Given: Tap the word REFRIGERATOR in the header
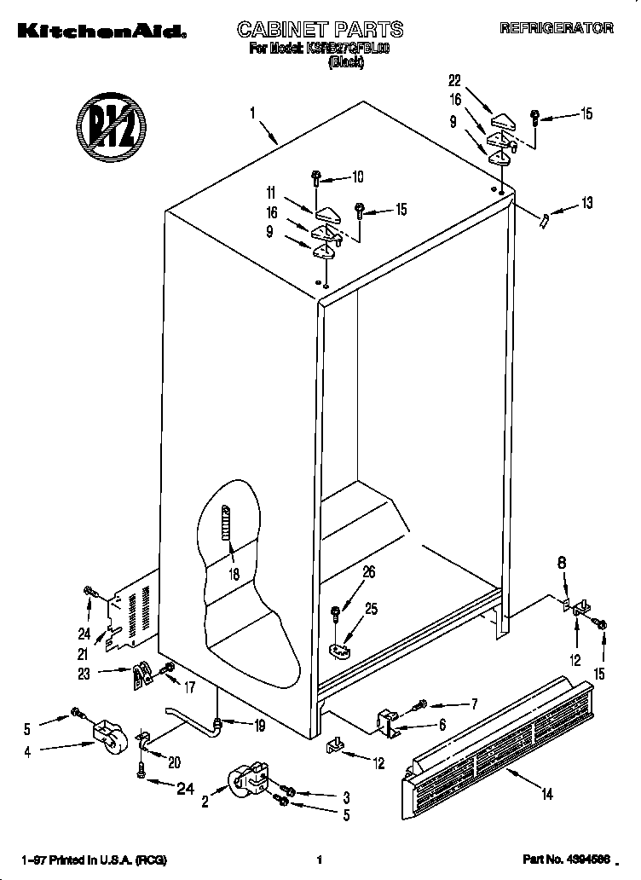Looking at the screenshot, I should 556,28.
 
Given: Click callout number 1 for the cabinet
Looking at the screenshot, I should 253,112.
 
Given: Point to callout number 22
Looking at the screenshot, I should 454,80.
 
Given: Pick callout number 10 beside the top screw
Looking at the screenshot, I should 356,177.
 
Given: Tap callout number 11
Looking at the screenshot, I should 270,194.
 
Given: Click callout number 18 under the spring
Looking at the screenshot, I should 234,574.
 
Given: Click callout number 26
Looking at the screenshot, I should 368,573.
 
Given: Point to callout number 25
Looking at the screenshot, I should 370,608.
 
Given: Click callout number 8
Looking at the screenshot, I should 562,563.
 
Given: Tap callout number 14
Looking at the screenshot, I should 546,794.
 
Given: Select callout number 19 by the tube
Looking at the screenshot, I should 259,727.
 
